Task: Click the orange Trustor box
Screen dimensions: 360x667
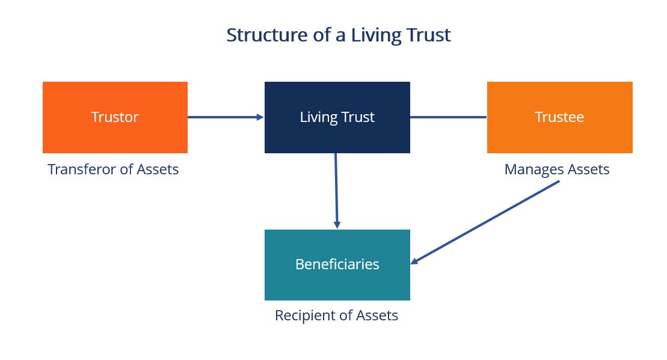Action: (x=115, y=117)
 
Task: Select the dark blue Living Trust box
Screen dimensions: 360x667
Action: (x=337, y=117)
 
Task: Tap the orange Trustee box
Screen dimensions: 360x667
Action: (x=559, y=117)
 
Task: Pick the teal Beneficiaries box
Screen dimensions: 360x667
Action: (x=337, y=264)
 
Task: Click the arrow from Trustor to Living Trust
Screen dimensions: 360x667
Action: (x=223, y=117)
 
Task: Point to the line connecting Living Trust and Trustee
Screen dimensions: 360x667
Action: (x=448, y=117)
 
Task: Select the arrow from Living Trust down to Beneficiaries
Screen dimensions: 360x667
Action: (x=336, y=189)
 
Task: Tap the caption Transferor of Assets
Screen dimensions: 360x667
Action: (x=113, y=169)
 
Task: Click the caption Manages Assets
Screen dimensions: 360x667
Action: (x=556, y=169)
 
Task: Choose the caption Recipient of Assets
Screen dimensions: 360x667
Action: (x=336, y=315)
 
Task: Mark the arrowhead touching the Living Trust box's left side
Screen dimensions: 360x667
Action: (x=260, y=117)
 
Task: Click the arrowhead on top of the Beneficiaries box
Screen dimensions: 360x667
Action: (x=337, y=225)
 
